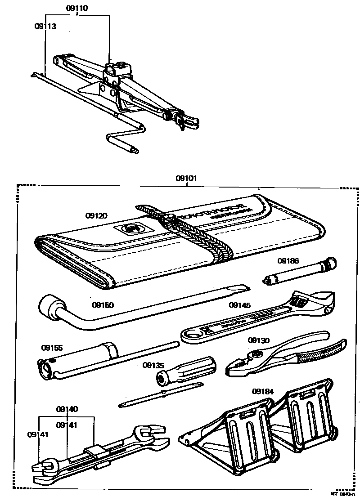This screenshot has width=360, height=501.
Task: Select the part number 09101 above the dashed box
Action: pyautogui.click(x=186, y=178)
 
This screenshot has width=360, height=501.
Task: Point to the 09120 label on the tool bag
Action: pyautogui.click(x=96, y=216)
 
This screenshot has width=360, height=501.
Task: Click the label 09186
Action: pyautogui.click(x=288, y=260)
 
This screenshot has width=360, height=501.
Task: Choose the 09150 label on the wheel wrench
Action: pyautogui.click(x=103, y=305)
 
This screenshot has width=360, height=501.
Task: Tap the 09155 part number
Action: pyautogui.click(x=52, y=348)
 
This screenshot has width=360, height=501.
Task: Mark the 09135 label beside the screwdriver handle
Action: pyautogui.click(x=153, y=365)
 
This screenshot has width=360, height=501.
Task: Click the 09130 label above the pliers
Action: pyautogui.click(x=258, y=340)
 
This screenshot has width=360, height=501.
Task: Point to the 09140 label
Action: pyautogui.click(x=67, y=409)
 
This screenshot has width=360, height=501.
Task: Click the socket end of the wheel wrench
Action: pyautogui.click(x=48, y=305)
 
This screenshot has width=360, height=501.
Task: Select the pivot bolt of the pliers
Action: pyautogui.click(x=257, y=354)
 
